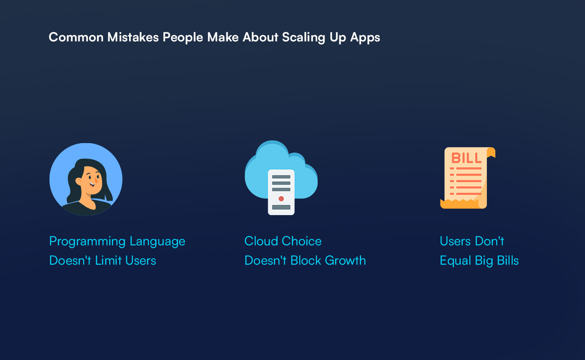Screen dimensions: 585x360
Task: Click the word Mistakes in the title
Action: tap(133, 37)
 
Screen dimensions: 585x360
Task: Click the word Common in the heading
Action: tap(76, 37)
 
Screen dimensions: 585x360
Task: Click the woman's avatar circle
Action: tap(86, 179)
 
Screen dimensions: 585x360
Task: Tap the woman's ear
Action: tap(78, 181)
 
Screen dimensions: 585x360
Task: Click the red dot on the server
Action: tap(281, 198)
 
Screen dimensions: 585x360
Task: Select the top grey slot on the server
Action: tap(281, 177)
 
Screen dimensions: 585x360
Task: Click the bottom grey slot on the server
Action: tap(281, 207)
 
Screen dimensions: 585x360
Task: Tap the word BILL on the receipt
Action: tap(467, 158)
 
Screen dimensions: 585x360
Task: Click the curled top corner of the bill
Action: tap(491, 152)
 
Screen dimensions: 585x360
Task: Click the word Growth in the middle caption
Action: tap(346, 260)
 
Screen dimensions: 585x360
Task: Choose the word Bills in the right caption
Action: tap(508, 260)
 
